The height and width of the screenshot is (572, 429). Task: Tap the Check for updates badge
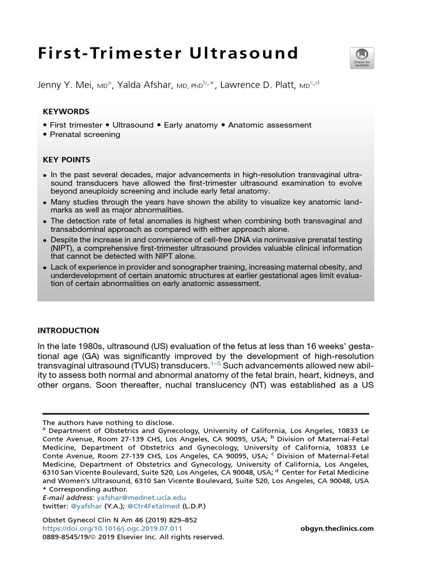[361, 58]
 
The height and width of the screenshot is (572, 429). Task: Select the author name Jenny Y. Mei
[69, 84]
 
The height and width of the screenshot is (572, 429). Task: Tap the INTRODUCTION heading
[68, 331]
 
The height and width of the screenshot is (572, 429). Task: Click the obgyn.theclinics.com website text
[337, 528]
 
